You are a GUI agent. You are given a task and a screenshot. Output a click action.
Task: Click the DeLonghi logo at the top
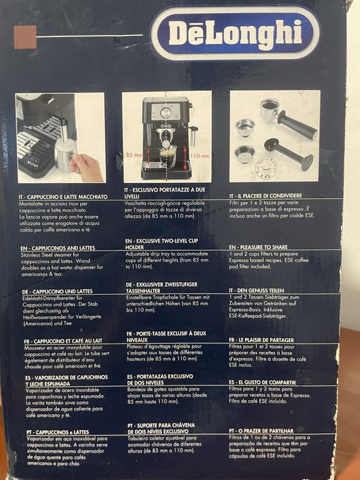(235, 32)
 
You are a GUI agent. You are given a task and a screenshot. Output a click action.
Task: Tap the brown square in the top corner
(25, 36)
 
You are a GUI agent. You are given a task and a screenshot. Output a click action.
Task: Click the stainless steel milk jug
(66, 155)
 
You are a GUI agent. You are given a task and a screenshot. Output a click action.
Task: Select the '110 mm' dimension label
(200, 156)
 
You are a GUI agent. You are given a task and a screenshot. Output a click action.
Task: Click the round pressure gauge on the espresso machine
(165, 112)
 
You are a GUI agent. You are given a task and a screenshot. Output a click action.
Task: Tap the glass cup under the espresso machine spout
(167, 156)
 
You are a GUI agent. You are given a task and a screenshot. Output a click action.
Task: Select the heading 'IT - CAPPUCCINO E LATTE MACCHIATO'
(63, 197)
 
